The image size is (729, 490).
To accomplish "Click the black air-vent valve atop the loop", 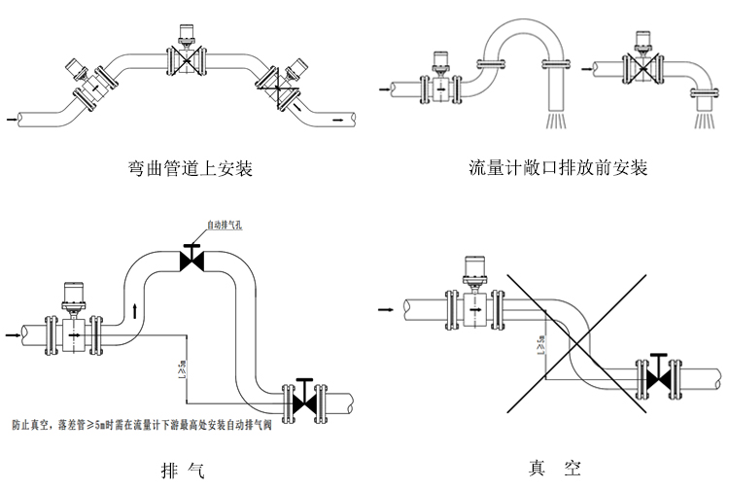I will point(191,260).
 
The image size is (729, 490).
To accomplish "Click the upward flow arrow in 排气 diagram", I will point(134,313).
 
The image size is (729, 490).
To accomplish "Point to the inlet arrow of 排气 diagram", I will point(15,335).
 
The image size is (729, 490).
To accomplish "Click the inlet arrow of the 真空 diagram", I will point(387,309).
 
